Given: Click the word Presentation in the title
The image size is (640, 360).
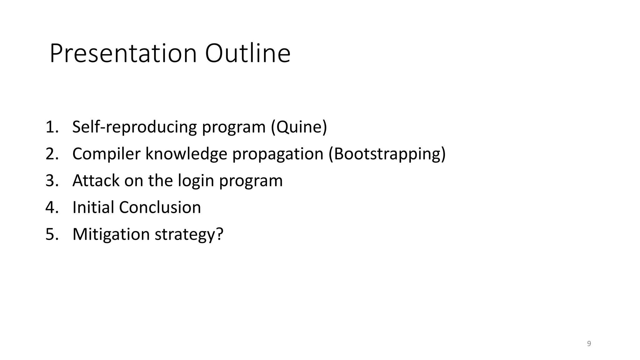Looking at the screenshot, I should (x=123, y=54).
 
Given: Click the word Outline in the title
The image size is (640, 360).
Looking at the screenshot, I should (x=247, y=54).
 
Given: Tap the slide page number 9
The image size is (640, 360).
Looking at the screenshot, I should (x=589, y=344).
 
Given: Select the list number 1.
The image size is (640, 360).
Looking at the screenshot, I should (x=52, y=127).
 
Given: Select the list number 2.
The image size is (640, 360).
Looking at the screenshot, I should (x=52, y=154).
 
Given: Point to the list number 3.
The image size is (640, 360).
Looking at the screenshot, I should (x=52, y=181).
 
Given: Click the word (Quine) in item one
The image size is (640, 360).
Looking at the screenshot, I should (x=299, y=127).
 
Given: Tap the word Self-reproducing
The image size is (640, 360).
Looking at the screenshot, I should (x=134, y=127).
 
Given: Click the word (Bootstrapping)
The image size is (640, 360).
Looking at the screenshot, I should (x=387, y=154).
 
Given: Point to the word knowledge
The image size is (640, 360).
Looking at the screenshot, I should (x=186, y=154).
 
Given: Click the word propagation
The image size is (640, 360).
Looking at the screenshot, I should (x=277, y=154).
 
